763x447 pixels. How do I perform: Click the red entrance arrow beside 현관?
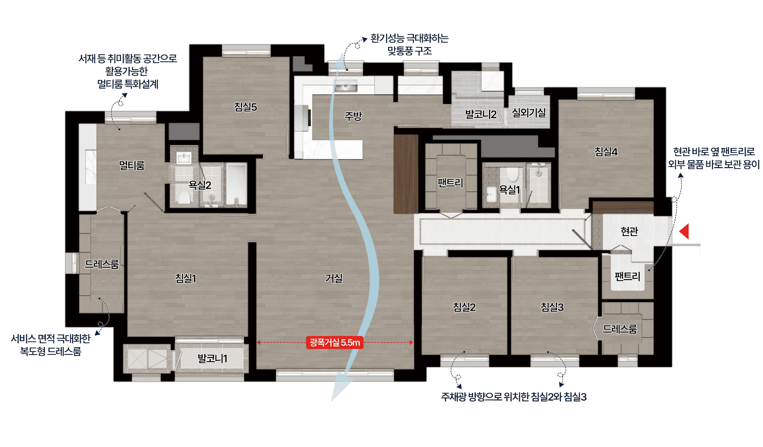685,232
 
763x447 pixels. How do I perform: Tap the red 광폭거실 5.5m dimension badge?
335,342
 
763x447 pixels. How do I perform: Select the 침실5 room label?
245,107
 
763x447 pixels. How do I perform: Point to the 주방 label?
353,116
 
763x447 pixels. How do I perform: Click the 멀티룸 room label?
132,166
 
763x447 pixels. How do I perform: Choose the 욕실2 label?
200,185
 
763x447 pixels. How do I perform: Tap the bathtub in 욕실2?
236,185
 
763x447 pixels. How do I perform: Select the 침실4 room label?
606,152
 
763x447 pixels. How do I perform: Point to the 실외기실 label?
528,113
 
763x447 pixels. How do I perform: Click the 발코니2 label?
481,114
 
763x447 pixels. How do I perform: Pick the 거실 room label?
334,278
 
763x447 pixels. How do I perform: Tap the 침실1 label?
186,278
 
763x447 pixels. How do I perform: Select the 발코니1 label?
212,359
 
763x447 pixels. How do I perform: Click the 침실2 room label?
464,307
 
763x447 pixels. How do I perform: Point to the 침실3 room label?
552,307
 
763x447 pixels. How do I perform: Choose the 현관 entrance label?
629,231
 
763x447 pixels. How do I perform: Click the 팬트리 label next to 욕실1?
450,183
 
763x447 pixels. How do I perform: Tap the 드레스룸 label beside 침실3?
620,329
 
